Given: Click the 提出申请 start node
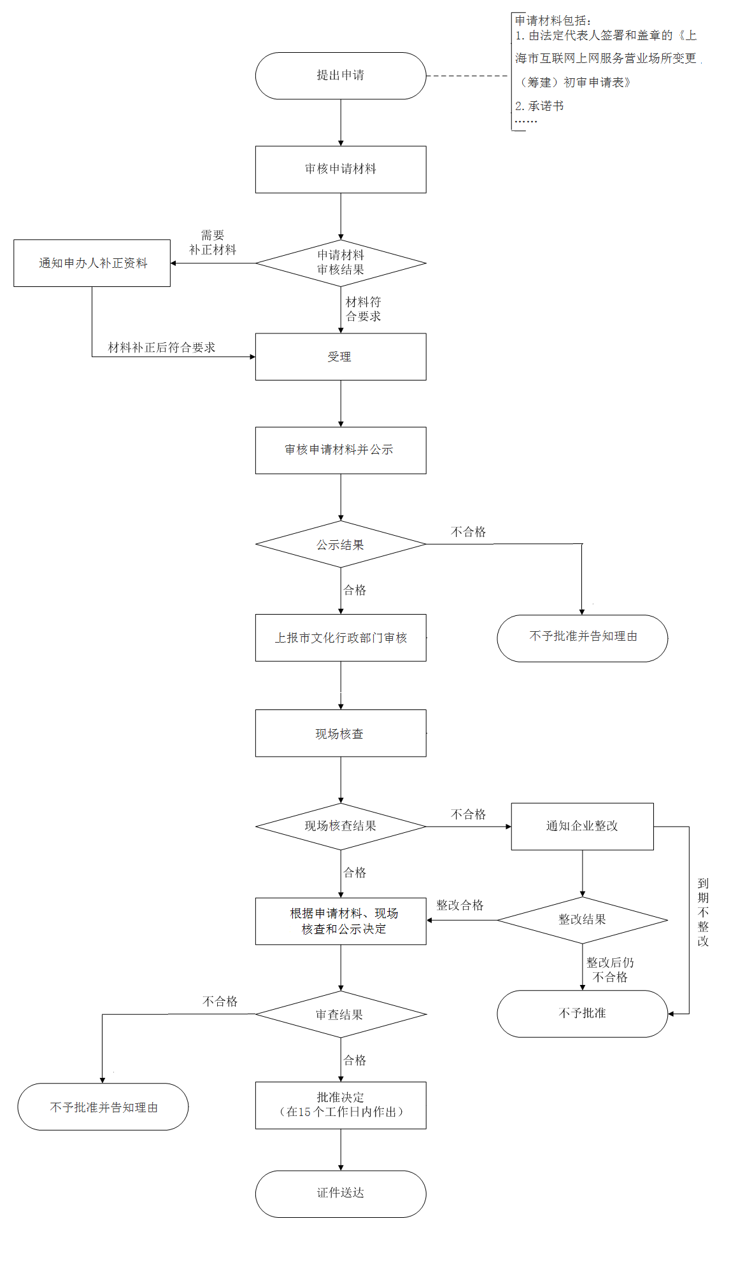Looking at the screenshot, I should click(x=341, y=76).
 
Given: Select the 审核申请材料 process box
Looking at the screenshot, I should click(x=341, y=169).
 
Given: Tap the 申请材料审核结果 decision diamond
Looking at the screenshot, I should click(x=341, y=263).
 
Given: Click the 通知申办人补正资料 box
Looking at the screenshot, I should click(x=92, y=263).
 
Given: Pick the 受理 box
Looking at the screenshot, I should click(x=341, y=357).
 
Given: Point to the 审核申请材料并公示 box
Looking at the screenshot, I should click(x=341, y=450).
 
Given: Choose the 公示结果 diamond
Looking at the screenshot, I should click(x=341, y=545).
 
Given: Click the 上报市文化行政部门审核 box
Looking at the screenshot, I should click(x=341, y=638).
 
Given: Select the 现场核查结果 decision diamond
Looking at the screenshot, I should click(x=341, y=826).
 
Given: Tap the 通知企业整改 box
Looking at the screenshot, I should click(x=582, y=826).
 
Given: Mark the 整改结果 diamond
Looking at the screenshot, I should click(x=582, y=919).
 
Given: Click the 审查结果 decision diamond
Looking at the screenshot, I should click(x=341, y=1014).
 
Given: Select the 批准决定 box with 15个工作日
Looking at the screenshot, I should click(x=341, y=1105).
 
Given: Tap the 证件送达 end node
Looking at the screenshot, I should click(x=341, y=1194).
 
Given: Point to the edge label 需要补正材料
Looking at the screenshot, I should click(x=213, y=242).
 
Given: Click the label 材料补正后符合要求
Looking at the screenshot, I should click(x=162, y=347).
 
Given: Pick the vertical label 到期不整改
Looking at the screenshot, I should click(x=703, y=912).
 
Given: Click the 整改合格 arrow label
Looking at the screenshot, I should click(x=460, y=905).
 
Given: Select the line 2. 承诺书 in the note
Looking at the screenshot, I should click(x=539, y=106).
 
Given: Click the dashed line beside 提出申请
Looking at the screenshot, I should click(x=468, y=76).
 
